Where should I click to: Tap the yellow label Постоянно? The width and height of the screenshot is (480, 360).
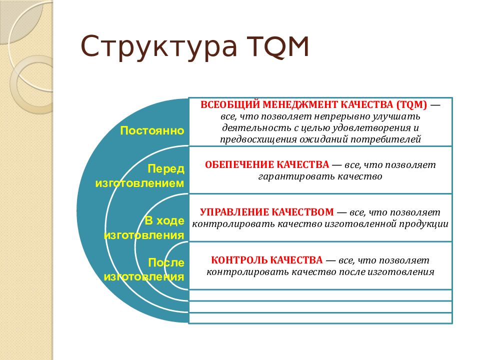click(152, 130)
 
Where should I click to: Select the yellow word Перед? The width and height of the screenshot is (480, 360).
click(166, 168)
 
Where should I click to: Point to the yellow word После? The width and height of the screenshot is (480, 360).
click(166, 262)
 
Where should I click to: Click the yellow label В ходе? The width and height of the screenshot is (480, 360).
click(164, 220)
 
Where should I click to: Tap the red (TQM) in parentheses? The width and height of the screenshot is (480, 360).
click(411, 104)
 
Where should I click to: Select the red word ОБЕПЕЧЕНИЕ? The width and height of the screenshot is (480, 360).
click(239, 164)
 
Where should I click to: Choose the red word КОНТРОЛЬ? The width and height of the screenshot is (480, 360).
click(239, 260)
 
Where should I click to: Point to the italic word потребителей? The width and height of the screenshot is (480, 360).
click(385, 139)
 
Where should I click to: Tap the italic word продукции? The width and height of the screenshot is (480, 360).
click(423, 224)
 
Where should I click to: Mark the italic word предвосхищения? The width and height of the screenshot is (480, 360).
click(258, 139)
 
